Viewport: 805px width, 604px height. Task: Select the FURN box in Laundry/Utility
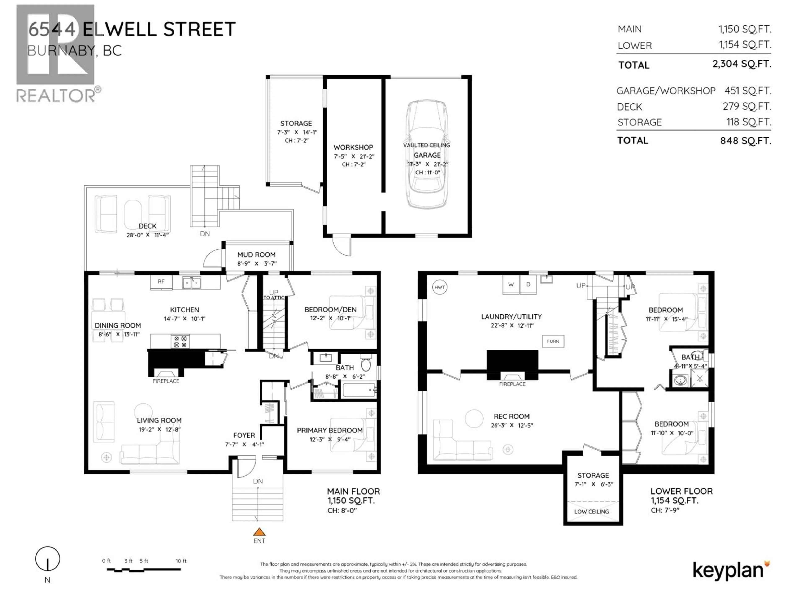pos(553,341)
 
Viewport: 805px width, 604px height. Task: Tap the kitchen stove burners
pos(180,341)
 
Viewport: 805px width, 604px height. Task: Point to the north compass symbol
pos(48,559)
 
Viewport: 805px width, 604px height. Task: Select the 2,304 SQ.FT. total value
pos(742,64)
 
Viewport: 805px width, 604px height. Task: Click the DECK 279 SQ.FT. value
pos(747,106)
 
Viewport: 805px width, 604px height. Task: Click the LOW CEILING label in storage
pos(591,512)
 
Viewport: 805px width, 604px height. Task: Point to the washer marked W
pos(511,285)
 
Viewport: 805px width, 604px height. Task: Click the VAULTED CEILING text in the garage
pos(427,145)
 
